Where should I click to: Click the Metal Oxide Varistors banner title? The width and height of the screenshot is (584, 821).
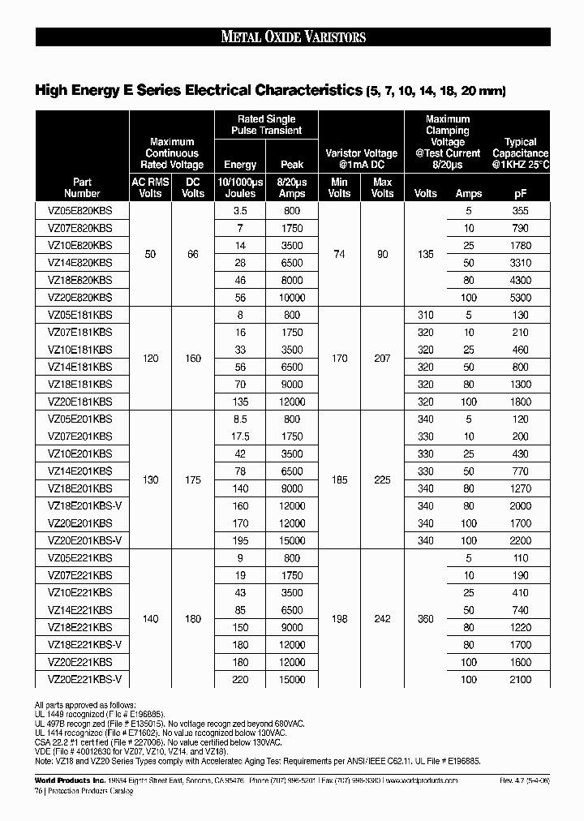(293, 37)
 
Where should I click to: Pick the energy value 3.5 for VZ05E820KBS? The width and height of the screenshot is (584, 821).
(240, 210)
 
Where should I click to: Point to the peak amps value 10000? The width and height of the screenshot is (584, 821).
(292, 298)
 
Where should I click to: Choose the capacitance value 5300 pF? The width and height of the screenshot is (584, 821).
(521, 298)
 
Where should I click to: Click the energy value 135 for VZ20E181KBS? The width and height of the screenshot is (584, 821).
(240, 402)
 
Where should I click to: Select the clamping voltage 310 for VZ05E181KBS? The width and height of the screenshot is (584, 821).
(425, 315)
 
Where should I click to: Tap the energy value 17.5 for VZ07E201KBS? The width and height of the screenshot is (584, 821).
(240, 436)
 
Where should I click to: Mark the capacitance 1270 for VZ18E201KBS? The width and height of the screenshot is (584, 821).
(521, 488)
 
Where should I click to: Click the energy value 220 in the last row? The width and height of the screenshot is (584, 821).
(240, 679)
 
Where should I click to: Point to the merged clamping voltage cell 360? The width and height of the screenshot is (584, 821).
(425, 618)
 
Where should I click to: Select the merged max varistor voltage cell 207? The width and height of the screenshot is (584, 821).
(383, 358)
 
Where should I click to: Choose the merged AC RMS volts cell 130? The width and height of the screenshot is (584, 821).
(151, 479)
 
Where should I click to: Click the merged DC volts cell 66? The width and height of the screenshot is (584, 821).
(193, 254)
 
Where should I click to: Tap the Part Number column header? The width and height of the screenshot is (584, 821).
(82, 187)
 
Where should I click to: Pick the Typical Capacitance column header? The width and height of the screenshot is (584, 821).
(521, 153)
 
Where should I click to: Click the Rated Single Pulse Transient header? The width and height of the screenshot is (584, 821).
(266, 124)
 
